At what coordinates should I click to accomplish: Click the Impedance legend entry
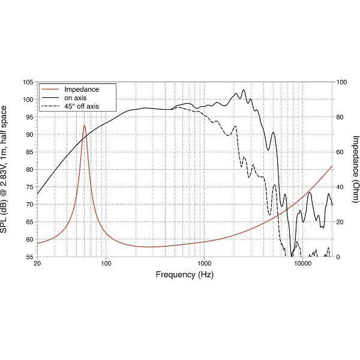(81, 89)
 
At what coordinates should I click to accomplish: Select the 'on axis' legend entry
(76, 98)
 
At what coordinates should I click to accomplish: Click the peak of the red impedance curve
(85, 125)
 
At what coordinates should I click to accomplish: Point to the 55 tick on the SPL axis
(28, 257)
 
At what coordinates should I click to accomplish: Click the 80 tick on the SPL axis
(28, 169)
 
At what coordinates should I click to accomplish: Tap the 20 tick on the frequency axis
(38, 264)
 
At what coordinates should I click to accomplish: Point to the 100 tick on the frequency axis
(106, 264)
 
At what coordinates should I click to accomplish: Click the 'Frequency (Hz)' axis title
(185, 275)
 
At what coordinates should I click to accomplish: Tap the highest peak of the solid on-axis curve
(244, 90)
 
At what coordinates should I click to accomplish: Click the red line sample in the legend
(50, 89)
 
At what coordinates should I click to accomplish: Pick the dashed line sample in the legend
(50, 106)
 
